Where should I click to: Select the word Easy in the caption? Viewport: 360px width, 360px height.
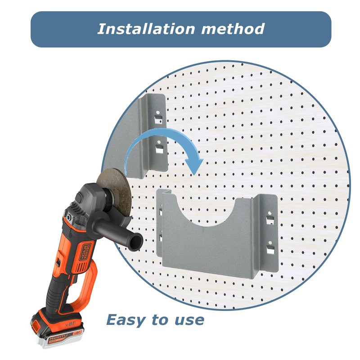pyautogui.click(x=126, y=320)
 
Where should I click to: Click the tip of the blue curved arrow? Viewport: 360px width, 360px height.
pyautogui.click(x=194, y=171)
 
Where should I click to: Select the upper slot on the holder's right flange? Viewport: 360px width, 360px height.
pyautogui.click(x=270, y=220)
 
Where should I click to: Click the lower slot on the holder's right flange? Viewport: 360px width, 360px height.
pyautogui.click(x=270, y=248)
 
